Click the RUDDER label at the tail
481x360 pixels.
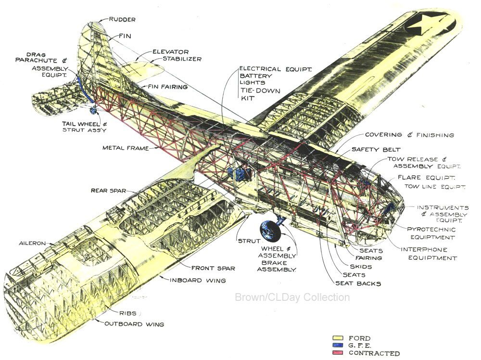122,20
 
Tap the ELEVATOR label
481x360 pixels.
171,52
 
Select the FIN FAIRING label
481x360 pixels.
168,87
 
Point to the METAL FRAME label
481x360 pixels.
126,148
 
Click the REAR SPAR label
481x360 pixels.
108,191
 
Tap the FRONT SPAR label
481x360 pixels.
213,268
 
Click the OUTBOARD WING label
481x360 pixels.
134,324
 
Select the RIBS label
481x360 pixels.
128,313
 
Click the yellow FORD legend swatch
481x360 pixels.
338,338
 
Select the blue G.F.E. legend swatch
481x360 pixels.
338,346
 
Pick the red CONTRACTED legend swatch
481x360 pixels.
338,353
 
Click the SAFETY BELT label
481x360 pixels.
376,150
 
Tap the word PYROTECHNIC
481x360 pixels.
431,230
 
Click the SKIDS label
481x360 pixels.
361,267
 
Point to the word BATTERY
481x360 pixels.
256,76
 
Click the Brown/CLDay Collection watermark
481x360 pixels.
292,297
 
